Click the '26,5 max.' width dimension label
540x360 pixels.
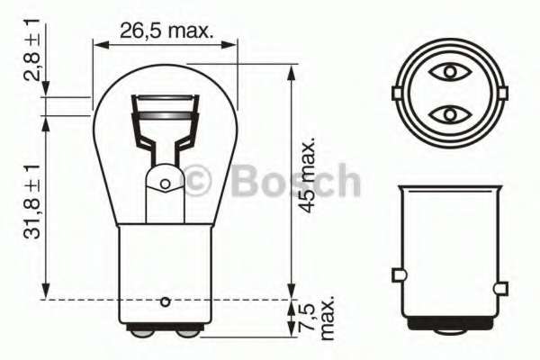point(166,32)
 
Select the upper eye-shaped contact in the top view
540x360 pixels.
point(448,71)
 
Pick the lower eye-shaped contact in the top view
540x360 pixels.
point(448,114)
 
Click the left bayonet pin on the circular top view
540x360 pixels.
point(396,93)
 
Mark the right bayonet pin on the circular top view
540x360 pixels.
point(501,93)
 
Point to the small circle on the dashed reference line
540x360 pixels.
point(165,300)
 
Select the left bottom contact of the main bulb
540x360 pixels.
point(141,331)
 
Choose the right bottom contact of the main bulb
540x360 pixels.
point(187,331)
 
